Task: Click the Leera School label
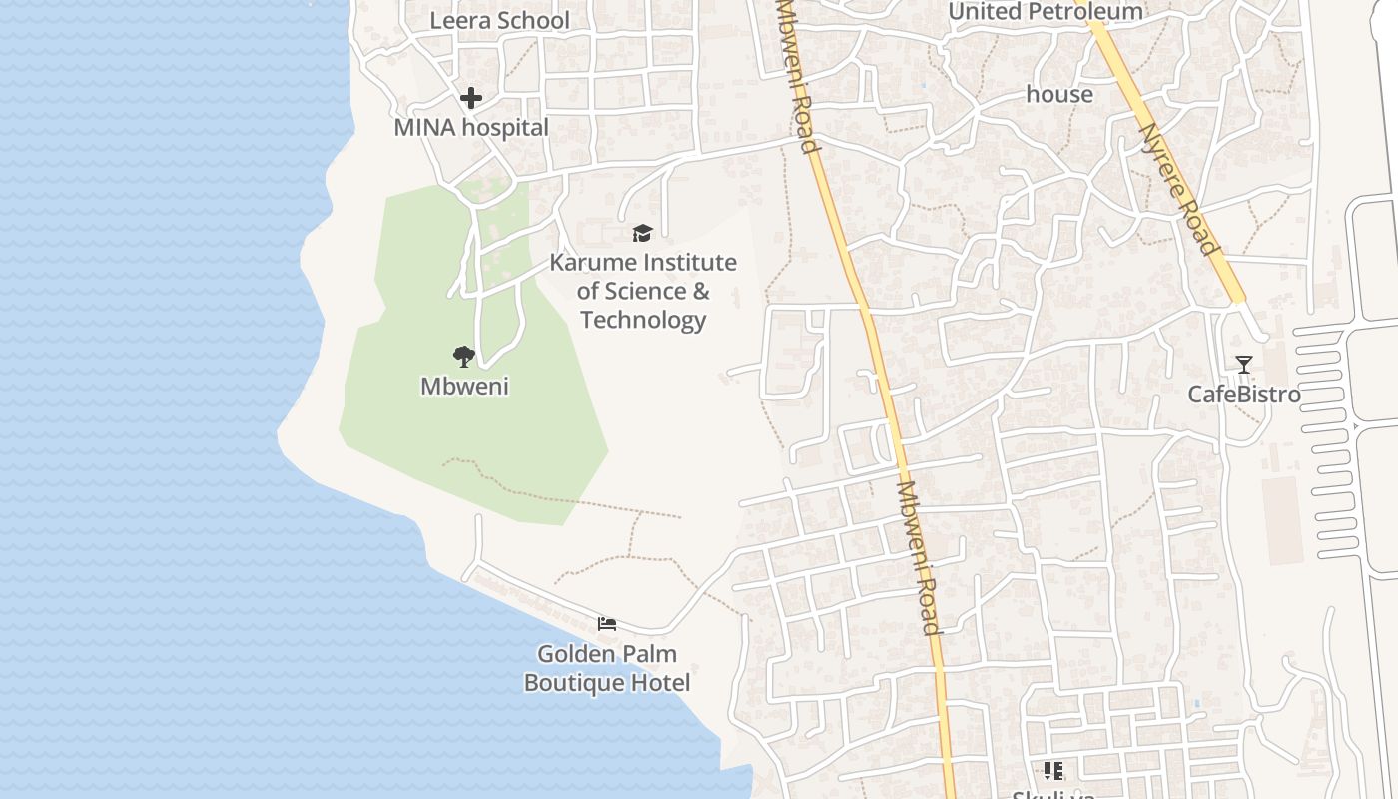(x=499, y=21)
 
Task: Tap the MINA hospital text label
(x=471, y=128)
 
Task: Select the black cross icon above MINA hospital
(x=471, y=98)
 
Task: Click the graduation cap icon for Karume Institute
(x=642, y=234)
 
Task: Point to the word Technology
(x=643, y=320)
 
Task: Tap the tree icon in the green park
(x=463, y=357)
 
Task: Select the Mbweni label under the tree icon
(x=464, y=387)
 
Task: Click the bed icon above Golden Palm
(x=606, y=624)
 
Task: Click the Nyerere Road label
(x=1178, y=189)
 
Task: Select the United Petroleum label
(x=1045, y=12)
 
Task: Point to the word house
(x=1059, y=95)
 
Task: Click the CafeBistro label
(x=1243, y=395)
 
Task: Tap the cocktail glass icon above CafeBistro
(x=1243, y=365)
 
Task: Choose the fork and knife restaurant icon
(x=1052, y=770)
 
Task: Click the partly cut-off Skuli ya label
(x=1053, y=794)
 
